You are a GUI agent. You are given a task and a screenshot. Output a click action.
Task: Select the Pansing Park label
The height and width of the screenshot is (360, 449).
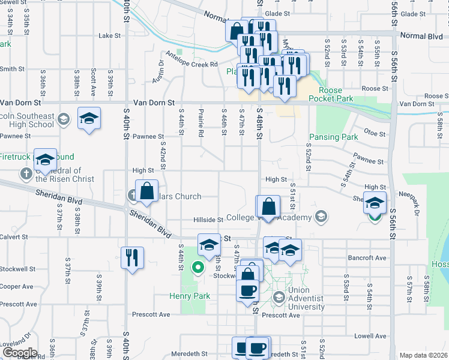[333, 137]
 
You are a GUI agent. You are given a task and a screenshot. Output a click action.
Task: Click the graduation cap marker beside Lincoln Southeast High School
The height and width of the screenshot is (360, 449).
[89, 118]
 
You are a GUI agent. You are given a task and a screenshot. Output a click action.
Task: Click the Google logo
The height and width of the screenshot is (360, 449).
[19, 353]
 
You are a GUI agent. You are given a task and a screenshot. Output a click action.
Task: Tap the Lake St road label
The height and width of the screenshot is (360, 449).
[110, 36]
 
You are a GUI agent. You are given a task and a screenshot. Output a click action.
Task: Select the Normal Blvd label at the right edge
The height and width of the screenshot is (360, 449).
[420, 36]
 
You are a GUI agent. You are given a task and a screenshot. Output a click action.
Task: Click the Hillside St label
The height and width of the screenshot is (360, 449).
[208, 220]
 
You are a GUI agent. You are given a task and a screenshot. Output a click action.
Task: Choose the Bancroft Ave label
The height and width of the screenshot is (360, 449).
[367, 258]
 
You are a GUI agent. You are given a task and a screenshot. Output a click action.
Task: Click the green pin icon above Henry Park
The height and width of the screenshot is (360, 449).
[197, 268]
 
